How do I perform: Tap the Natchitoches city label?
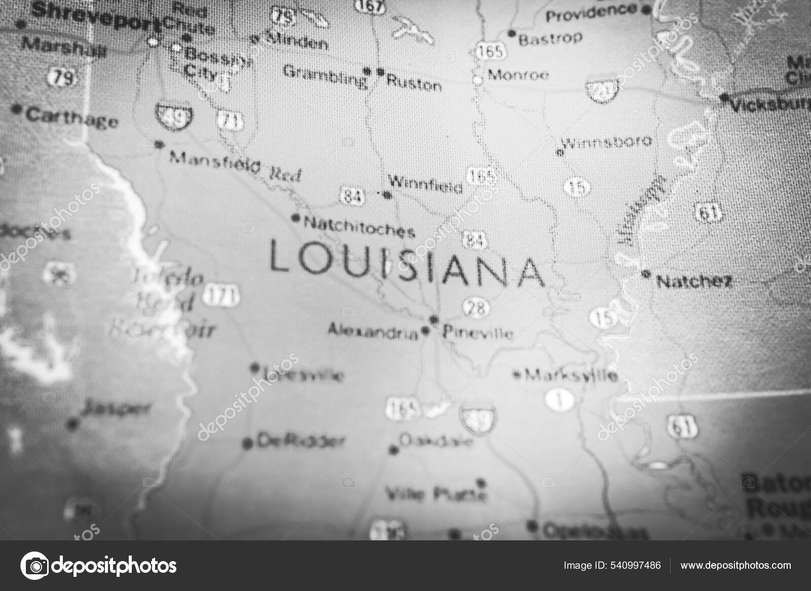pos(359,226)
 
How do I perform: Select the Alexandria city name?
pos(373,332)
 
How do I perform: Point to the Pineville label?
pos(477,333)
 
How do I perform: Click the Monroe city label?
pos(518,75)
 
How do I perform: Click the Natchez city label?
pos(694,281)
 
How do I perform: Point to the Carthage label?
pos(71,117)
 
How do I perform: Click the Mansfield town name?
pos(214,162)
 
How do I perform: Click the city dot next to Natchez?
pos(646,274)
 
